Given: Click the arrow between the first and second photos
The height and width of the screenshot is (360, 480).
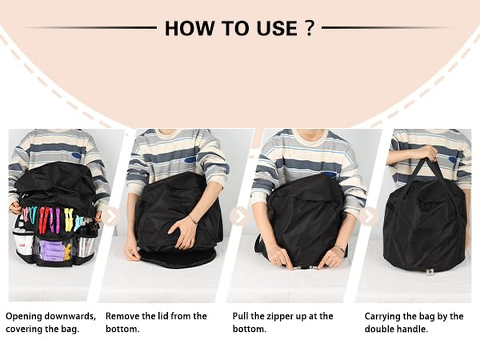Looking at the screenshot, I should [110, 217].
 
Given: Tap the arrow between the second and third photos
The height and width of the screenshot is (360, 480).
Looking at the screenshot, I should [239, 216].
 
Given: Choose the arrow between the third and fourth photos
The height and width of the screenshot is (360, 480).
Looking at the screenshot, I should [369, 216].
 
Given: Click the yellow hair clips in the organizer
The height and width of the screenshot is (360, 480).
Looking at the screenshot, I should [68, 219].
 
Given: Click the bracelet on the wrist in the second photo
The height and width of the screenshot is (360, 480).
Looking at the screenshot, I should [193, 220].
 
